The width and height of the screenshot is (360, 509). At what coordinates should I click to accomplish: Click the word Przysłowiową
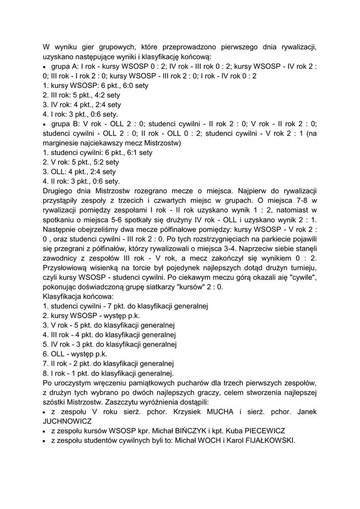[67, 268]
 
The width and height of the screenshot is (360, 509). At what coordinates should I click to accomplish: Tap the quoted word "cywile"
[303, 277]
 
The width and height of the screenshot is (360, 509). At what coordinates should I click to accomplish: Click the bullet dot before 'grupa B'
[45, 124]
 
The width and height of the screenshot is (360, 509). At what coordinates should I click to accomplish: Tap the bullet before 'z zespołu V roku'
[45, 412]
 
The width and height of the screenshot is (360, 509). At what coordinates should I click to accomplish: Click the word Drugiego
[59, 191]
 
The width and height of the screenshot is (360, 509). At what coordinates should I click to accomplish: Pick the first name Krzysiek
[186, 412]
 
